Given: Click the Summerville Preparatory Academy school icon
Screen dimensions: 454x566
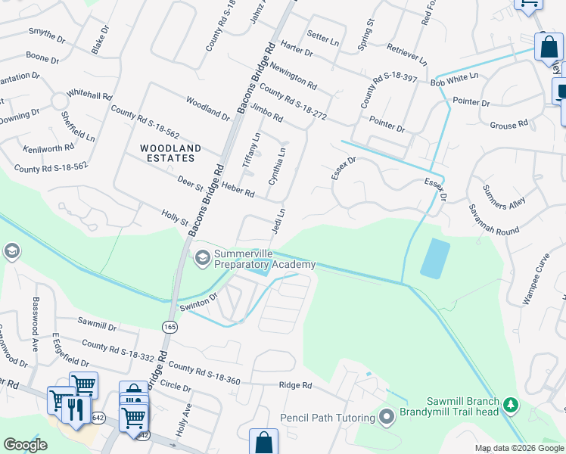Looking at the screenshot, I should (x=202, y=258).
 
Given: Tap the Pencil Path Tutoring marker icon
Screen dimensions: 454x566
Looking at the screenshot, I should (x=387, y=418).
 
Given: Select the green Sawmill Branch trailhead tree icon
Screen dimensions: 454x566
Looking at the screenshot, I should (x=511, y=406).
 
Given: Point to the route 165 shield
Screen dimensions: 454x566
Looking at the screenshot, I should (x=169, y=325).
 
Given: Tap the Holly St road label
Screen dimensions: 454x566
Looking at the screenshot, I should (x=175, y=218).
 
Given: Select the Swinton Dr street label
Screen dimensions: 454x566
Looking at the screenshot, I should (x=198, y=303).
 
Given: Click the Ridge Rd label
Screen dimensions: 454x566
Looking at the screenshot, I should (x=295, y=385).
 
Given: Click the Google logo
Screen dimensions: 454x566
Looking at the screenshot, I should (x=26, y=445).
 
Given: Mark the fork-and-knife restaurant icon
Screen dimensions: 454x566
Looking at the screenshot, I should (x=76, y=410).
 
